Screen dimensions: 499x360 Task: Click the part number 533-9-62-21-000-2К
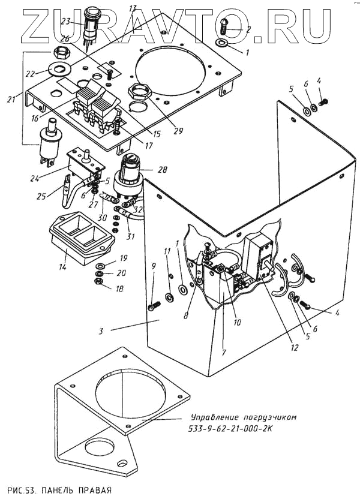pos(234,428)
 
